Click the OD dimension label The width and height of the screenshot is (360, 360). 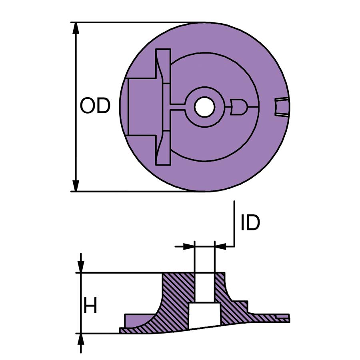(95, 106)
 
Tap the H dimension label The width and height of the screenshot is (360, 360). (90, 306)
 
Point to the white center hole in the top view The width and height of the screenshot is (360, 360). (204, 107)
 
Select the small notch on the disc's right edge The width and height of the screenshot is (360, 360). (282, 107)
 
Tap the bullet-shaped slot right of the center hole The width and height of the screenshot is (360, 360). (237, 107)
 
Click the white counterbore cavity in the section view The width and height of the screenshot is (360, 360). (204, 314)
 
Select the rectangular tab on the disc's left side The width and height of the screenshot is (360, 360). (142, 107)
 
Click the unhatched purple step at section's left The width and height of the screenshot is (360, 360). (136, 320)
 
